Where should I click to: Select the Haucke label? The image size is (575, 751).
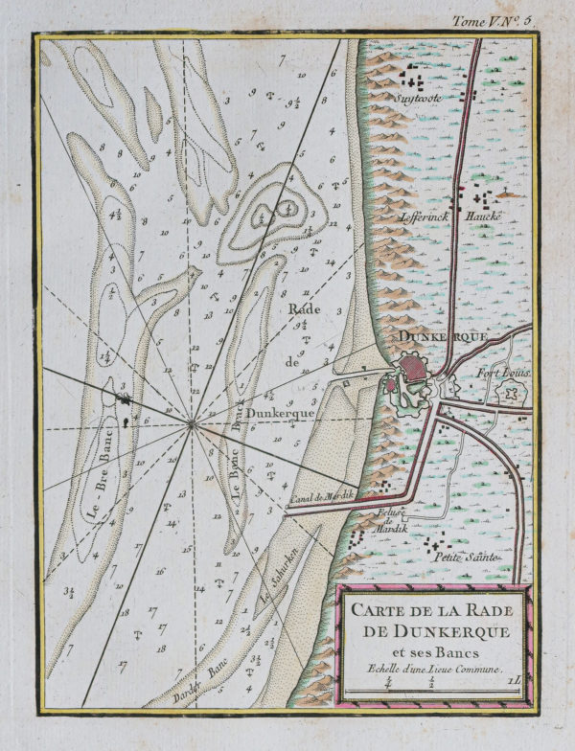[485, 216]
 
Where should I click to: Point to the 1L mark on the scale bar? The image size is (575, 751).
[515, 681]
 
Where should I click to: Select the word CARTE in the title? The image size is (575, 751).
[380, 610]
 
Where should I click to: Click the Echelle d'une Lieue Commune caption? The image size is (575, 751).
[432, 667]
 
